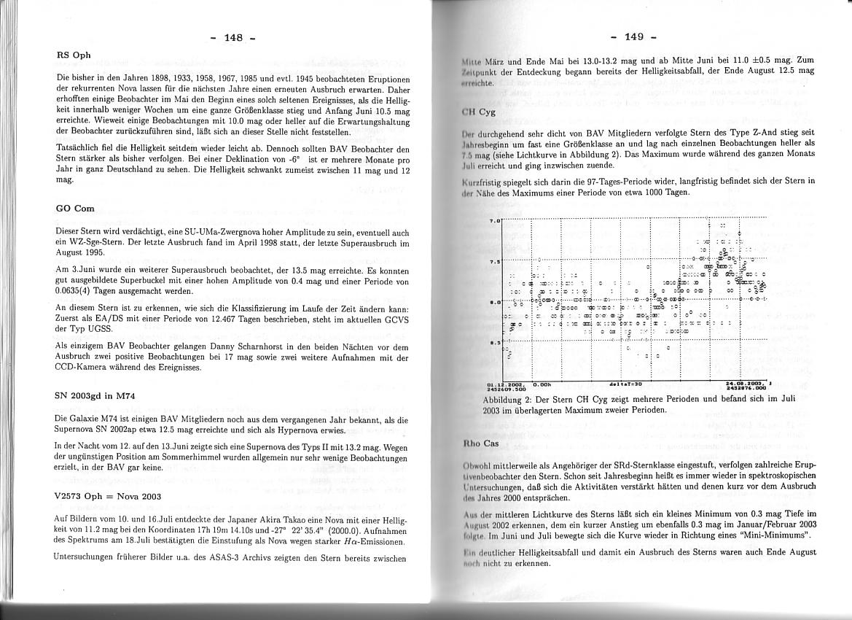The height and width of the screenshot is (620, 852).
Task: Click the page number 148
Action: click(232, 37)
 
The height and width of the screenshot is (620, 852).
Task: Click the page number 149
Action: click(634, 36)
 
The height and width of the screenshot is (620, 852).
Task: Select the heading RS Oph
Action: click(73, 55)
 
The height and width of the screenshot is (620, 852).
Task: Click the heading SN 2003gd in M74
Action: click(95, 396)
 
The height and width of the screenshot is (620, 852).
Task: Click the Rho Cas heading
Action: click(481, 443)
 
